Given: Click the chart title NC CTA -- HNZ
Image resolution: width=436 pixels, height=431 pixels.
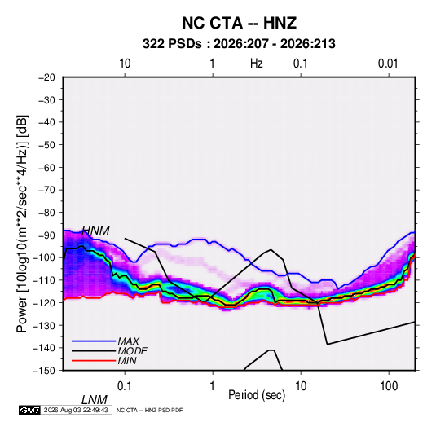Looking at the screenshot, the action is click(x=239, y=23).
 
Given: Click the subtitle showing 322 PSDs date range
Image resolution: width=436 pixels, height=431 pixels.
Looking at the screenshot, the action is click(x=239, y=44).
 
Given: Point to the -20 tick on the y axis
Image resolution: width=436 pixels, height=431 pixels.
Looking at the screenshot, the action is click(x=46, y=77).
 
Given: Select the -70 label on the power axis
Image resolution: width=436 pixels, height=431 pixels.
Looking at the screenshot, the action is click(x=46, y=190).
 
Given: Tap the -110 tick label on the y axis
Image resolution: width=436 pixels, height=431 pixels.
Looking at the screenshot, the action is click(x=45, y=280).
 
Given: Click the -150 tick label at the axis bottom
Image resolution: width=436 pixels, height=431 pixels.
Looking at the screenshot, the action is click(x=45, y=371).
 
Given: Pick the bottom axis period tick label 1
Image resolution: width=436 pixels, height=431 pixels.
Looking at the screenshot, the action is click(x=213, y=386).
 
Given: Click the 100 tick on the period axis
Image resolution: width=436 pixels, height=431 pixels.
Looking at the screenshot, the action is click(x=389, y=386).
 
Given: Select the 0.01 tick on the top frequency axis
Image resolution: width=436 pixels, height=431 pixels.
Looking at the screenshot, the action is click(x=388, y=64).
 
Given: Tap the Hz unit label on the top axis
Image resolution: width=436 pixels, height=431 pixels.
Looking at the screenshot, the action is click(x=257, y=64).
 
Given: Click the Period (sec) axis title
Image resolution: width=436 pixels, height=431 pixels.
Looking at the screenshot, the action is click(x=257, y=395).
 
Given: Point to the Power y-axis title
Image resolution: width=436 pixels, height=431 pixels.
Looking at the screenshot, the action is click(x=22, y=224).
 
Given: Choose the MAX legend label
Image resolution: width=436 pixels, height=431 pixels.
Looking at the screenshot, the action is click(x=129, y=341).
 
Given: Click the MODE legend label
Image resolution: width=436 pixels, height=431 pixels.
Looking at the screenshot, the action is click(x=132, y=351).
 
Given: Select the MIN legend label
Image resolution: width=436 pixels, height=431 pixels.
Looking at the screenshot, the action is click(x=127, y=361).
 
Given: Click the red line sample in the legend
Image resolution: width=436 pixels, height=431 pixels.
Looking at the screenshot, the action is click(x=94, y=361).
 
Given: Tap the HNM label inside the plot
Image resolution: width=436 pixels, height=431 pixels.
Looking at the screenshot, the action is click(x=96, y=231).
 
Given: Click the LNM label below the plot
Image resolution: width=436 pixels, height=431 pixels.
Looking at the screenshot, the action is click(x=95, y=400).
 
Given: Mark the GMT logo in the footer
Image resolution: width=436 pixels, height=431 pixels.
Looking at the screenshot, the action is click(x=30, y=410).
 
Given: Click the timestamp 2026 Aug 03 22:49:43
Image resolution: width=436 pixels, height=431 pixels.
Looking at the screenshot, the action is click(x=76, y=410).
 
